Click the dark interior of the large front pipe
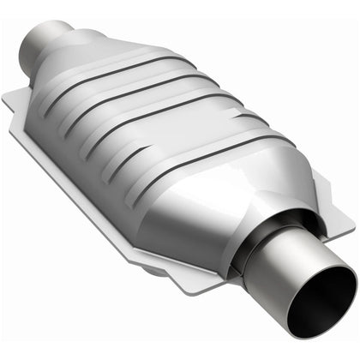coord(324,302)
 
